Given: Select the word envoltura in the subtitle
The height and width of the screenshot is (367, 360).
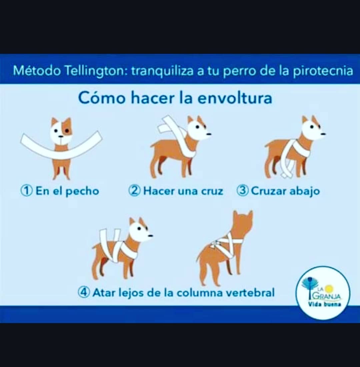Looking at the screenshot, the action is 235,98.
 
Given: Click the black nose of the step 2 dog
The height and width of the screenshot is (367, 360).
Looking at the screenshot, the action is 209,134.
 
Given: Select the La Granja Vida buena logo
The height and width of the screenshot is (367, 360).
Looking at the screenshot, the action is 323,292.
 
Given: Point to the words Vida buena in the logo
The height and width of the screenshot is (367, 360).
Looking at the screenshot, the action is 324,305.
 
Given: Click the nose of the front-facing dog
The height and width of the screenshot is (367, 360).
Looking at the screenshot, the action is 61,136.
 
